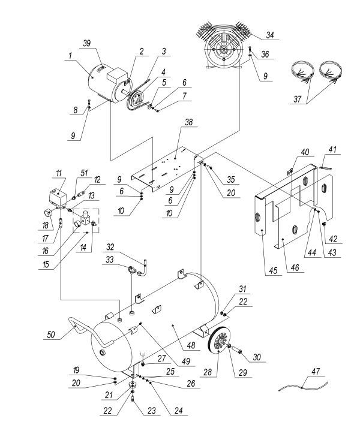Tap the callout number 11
pyautogui.click(x=59, y=174)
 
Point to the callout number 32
pyautogui.click(x=110, y=246)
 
